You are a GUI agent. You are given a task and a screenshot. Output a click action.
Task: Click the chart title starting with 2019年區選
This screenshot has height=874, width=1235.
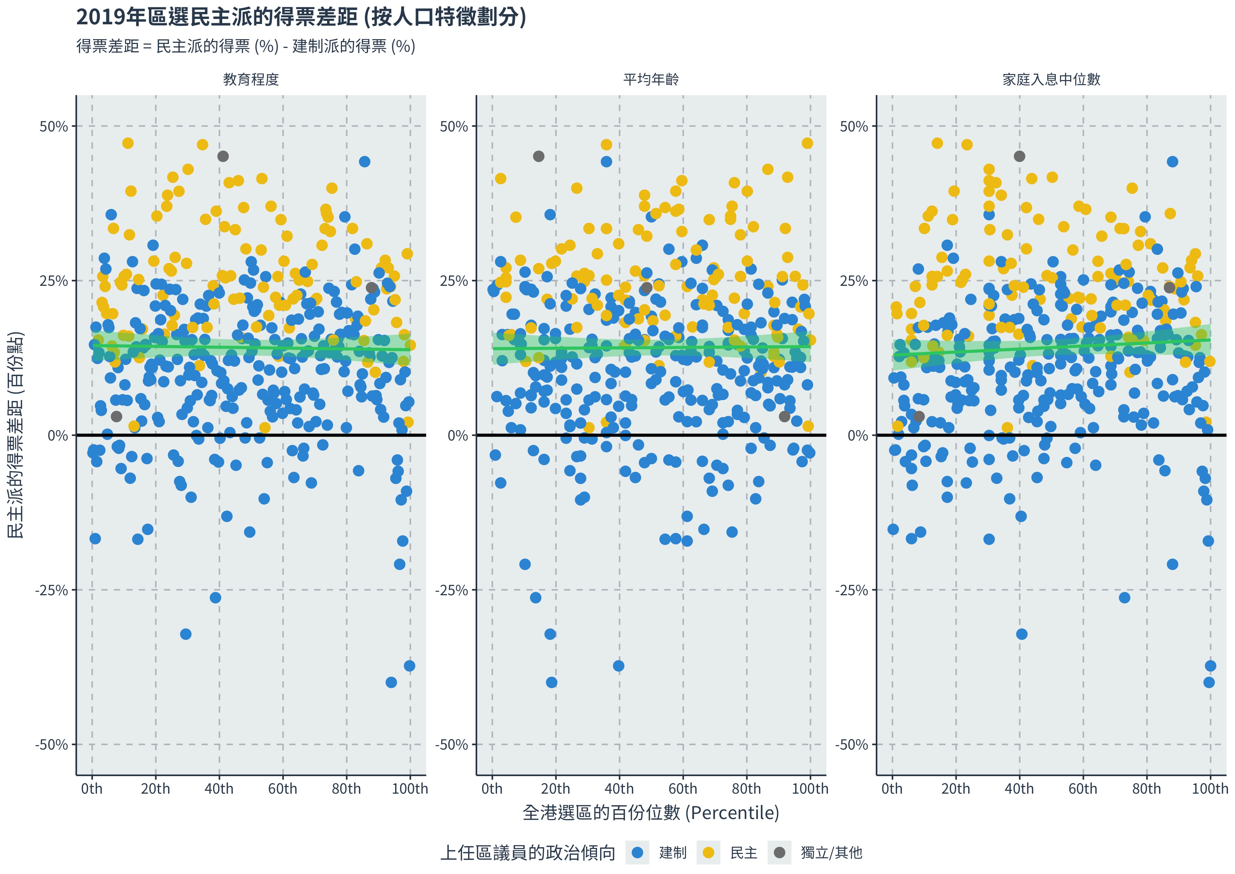[x=301, y=17]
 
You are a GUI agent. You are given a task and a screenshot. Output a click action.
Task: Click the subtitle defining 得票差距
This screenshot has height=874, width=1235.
[x=246, y=46]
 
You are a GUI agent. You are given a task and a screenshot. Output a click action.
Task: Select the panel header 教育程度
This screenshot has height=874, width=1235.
[x=251, y=80]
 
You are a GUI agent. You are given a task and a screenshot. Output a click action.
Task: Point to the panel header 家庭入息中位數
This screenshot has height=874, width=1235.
[x=1051, y=80]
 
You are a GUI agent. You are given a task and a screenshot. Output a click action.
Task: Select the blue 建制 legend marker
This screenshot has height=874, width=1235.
[x=637, y=853]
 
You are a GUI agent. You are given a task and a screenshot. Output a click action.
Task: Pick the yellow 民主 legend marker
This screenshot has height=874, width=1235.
[x=709, y=853]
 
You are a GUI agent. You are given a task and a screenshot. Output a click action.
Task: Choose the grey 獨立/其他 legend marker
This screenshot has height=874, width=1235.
[x=779, y=853]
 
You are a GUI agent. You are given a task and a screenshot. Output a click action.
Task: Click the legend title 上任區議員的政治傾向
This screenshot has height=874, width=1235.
[x=528, y=853]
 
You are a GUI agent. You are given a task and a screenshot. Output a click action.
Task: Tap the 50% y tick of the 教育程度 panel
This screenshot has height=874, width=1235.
[x=54, y=127]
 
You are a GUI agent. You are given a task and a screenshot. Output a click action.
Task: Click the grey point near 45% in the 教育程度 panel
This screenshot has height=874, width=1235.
[x=223, y=156]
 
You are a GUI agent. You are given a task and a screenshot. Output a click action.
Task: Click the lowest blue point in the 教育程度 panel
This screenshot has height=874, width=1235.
[x=391, y=682]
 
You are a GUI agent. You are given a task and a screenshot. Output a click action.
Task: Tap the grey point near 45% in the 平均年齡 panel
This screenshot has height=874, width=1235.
[x=538, y=156]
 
